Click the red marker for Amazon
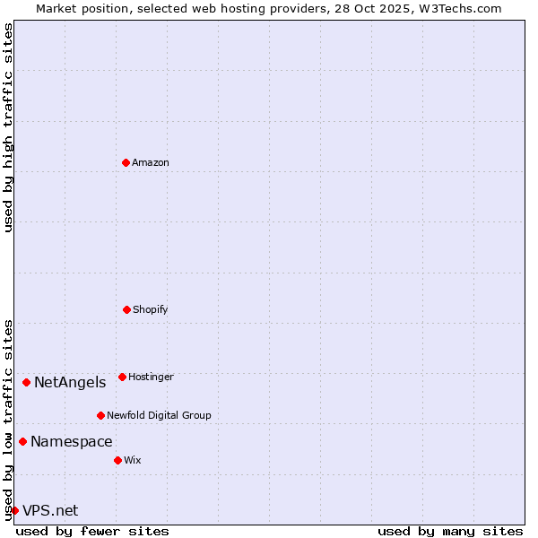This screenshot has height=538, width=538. point(126,162)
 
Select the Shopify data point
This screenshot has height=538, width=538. point(126,309)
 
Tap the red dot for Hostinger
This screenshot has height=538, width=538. point(122,377)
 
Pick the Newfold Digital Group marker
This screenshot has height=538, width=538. point(100,415)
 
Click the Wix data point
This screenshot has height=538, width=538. point(117,460)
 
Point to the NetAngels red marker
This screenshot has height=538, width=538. point(26,382)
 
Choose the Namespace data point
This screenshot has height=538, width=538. point(22,441)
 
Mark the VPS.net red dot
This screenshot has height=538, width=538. point(14,510)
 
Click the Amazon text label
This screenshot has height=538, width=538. point(151,162)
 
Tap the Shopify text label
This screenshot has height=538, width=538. point(151,309)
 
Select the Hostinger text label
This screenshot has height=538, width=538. point(151,377)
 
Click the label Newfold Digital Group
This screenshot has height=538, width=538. point(160,415)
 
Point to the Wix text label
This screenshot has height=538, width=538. point(133,460)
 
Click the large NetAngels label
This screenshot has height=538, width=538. point(70,383)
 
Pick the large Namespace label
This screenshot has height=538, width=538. point(72,442)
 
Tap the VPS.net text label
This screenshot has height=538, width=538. point(50,511)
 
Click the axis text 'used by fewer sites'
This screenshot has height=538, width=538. point(92,531)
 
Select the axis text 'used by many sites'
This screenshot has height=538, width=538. point(450,531)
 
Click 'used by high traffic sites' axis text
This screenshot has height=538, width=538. point(8,127)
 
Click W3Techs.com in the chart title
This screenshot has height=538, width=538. point(457,8)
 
